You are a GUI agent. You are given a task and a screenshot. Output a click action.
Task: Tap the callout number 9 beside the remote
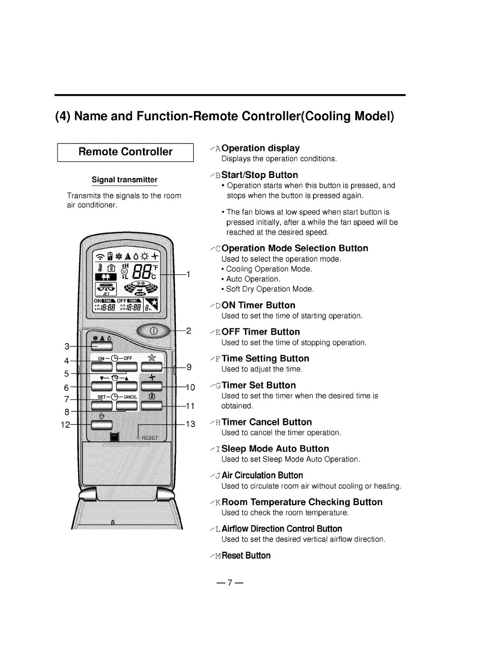pos(189,367)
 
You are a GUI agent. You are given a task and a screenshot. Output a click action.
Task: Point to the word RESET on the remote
pos(150,438)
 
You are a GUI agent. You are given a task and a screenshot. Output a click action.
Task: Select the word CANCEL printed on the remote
pos(134,397)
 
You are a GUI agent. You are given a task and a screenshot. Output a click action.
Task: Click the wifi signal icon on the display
pos(100,258)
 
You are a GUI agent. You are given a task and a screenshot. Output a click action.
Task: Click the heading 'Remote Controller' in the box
pos(125,152)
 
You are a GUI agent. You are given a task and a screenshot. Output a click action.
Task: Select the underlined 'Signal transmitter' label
pos(125,180)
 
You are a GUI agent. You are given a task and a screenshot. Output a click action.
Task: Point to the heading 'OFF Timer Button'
pos(261,332)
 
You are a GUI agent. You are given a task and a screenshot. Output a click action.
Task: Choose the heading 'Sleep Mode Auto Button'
pos(275,448)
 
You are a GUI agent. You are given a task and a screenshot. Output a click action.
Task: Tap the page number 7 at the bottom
pos(231,582)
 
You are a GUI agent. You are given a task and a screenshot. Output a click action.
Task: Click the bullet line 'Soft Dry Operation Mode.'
pos(270,289)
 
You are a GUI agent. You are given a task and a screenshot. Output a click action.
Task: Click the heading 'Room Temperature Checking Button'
pos(302,502)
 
